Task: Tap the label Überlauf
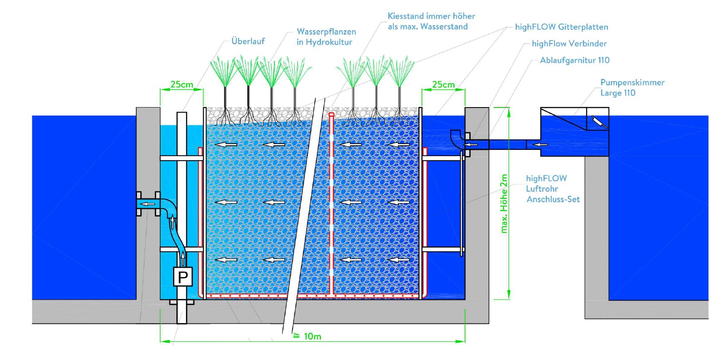click(x=248, y=41)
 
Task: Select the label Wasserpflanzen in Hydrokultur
click(x=326, y=37)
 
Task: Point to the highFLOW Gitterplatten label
click(x=561, y=27)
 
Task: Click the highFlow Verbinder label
click(x=569, y=44)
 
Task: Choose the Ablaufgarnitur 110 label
click(x=574, y=60)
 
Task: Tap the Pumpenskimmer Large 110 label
click(x=632, y=88)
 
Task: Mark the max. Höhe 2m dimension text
click(x=504, y=203)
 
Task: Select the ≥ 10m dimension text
click(x=308, y=336)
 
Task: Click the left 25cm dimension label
click(x=182, y=84)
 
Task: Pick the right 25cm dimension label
click(x=443, y=84)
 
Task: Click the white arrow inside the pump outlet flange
click(x=148, y=204)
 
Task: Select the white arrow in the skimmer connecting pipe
click(x=539, y=144)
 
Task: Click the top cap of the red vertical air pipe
click(x=331, y=114)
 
